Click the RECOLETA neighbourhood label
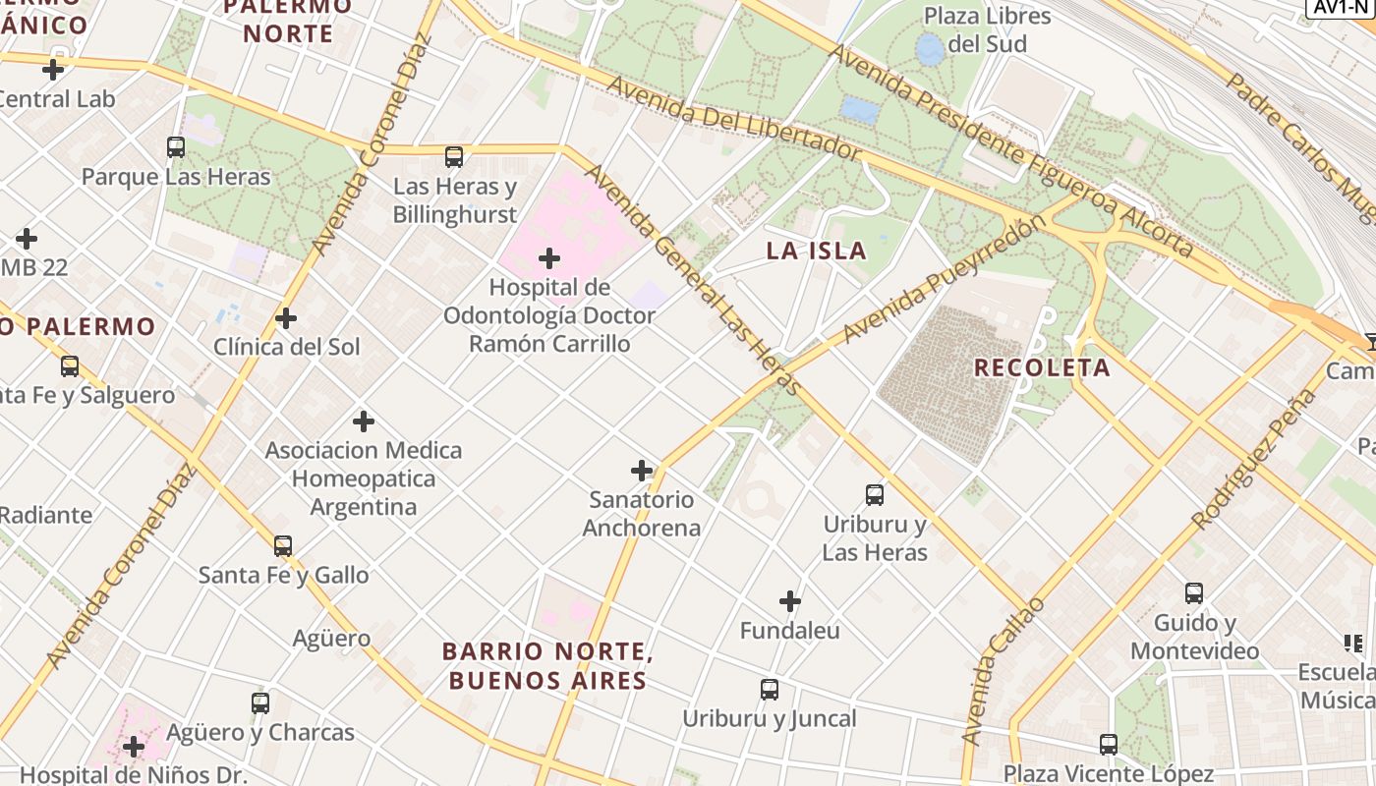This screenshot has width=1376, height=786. [1042, 368]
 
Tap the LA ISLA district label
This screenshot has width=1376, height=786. [816, 251]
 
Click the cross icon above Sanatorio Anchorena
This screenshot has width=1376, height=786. [642, 471]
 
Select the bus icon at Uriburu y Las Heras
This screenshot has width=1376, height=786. [875, 494]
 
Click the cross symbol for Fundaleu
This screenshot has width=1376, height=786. [790, 600]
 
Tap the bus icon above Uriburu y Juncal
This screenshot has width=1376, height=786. [770, 690]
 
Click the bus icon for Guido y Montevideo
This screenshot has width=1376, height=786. [1194, 593]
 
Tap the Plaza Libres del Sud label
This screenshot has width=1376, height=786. [987, 29]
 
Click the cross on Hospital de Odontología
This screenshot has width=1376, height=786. [549, 258]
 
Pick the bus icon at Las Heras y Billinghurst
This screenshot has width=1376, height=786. [453, 156]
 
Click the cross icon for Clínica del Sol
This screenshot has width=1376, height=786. [286, 318]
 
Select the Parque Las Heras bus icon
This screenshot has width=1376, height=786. [176, 147]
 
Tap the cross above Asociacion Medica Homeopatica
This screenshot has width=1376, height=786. [364, 421]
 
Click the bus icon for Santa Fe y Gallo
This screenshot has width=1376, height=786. [283, 545]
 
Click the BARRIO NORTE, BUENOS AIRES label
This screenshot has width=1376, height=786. [547, 665]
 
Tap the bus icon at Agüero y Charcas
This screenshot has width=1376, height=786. [260, 703]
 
